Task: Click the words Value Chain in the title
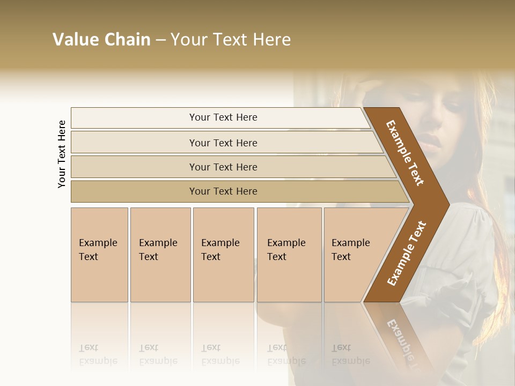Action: [x=101, y=40]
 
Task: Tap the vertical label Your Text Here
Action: [x=62, y=154]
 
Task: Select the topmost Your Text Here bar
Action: [x=223, y=117]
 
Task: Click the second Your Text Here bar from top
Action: [x=223, y=143]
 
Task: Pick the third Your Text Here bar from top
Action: [x=223, y=167]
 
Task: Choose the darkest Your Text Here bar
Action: [x=223, y=191]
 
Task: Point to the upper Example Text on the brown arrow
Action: [x=405, y=153]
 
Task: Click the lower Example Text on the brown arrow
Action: [x=407, y=254]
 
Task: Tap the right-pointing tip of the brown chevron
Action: [x=446, y=204]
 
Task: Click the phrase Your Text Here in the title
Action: [x=231, y=40]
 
